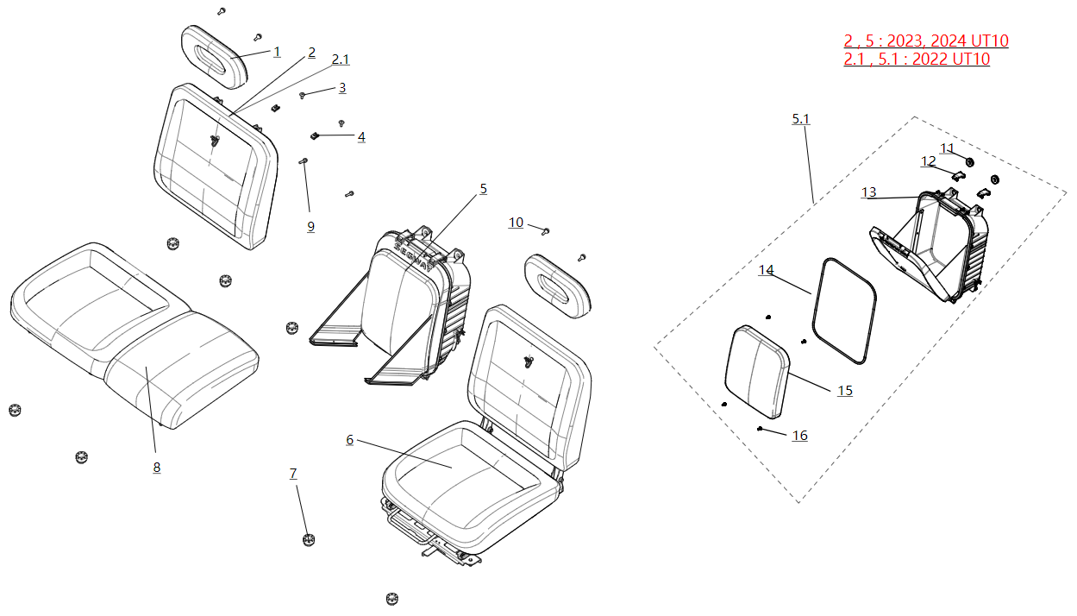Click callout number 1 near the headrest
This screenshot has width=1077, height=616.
point(277,52)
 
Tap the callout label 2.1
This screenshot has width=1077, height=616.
point(341,60)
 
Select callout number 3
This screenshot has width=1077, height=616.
point(342,88)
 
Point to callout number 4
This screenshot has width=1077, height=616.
point(361,137)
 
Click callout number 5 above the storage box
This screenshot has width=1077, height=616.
point(483,189)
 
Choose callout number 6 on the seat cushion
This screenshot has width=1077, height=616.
point(349,440)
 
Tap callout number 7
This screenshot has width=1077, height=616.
point(293,474)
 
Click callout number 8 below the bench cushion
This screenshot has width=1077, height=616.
point(156,468)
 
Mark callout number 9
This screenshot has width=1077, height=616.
point(310,227)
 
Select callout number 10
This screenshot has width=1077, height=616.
point(516,223)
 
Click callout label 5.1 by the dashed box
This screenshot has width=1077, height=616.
point(801,118)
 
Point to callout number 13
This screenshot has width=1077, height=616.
point(868,192)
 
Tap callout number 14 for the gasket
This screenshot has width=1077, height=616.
point(766,271)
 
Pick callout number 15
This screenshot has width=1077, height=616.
point(845,391)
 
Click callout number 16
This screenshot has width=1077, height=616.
point(800,436)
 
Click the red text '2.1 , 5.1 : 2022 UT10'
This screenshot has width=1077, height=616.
point(917,60)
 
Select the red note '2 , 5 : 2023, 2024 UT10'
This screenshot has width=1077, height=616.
point(925,41)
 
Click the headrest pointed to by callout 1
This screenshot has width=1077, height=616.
point(214,56)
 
